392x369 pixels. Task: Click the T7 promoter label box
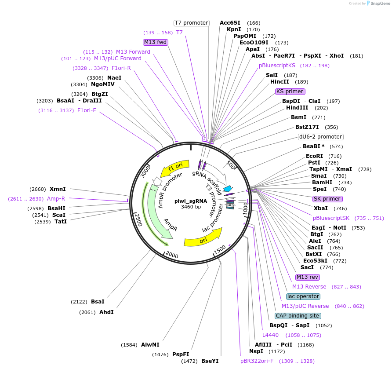coord(191,23)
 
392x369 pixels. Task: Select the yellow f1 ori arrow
coord(175,168)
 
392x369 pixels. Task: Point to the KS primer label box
coord(290,91)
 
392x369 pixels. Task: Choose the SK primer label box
coord(327,199)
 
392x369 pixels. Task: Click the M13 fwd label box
coord(156,42)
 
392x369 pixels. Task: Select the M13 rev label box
coord(307,277)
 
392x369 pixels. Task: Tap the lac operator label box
coord(303,296)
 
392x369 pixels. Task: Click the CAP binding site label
coord(298,316)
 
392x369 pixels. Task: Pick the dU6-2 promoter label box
coord(320,137)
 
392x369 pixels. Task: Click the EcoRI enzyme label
coord(314,156)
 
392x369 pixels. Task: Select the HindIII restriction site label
coord(297,108)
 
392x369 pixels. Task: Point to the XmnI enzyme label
coord(58,189)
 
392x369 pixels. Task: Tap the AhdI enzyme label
coord(106,312)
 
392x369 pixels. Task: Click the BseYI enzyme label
coord(210,361)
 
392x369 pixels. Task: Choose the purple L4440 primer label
coord(270,335)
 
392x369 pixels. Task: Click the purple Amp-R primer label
coord(56,199)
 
